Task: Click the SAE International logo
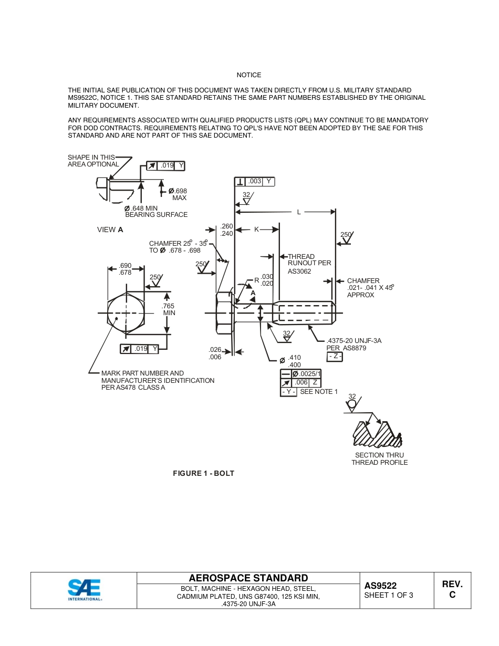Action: pyautogui.click(x=84, y=590)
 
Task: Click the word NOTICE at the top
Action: pyautogui.click(x=248, y=75)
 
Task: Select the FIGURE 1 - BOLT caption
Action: pyautogui.click(x=203, y=473)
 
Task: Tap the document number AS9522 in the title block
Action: pyautogui.click(x=380, y=586)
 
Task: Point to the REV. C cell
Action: pyautogui.click(x=452, y=589)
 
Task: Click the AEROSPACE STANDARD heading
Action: pyautogui.click(x=248, y=578)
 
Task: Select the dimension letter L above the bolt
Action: pyautogui.click(x=299, y=212)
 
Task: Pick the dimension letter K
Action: pyautogui.click(x=256, y=230)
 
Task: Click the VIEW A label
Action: pyautogui.click(x=110, y=230)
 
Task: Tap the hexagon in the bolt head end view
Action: pyautogui.click(x=126, y=313)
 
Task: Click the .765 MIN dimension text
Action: pyautogui.click(x=169, y=309)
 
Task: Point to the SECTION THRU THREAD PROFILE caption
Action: pyautogui.click(x=379, y=459)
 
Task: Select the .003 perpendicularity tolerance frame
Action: pyautogui.click(x=255, y=182)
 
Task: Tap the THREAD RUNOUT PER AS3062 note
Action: pyautogui.click(x=309, y=264)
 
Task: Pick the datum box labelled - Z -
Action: pyautogui.click(x=335, y=357)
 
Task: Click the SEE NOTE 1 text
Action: pyautogui.click(x=319, y=392)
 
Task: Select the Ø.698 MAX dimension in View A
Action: pyautogui.click(x=177, y=194)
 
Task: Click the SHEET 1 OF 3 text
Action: pyautogui.click(x=388, y=596)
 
